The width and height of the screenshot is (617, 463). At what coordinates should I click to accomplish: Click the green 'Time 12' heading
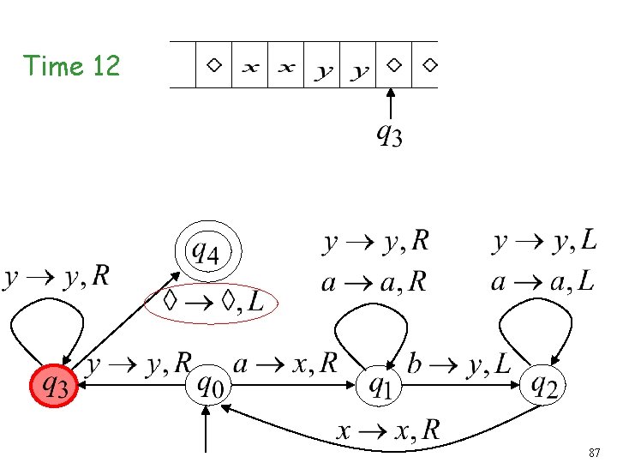72,66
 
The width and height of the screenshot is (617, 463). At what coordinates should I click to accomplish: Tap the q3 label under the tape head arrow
390,135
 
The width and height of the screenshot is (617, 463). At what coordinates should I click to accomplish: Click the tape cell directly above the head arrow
393,65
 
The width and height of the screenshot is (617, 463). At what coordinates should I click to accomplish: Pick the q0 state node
210,387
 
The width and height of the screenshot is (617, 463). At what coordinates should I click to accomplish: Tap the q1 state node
378,387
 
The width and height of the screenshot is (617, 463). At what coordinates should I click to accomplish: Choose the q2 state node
545,387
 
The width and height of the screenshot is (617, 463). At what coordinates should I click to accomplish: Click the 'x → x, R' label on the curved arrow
387,431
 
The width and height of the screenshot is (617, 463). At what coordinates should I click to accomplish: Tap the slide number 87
595,452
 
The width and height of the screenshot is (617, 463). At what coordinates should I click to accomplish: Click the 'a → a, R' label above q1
374,283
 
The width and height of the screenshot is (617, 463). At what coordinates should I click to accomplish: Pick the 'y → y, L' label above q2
545,243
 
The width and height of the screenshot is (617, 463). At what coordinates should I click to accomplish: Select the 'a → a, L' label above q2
542,282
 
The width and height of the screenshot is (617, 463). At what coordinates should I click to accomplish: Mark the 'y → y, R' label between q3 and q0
140,365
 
